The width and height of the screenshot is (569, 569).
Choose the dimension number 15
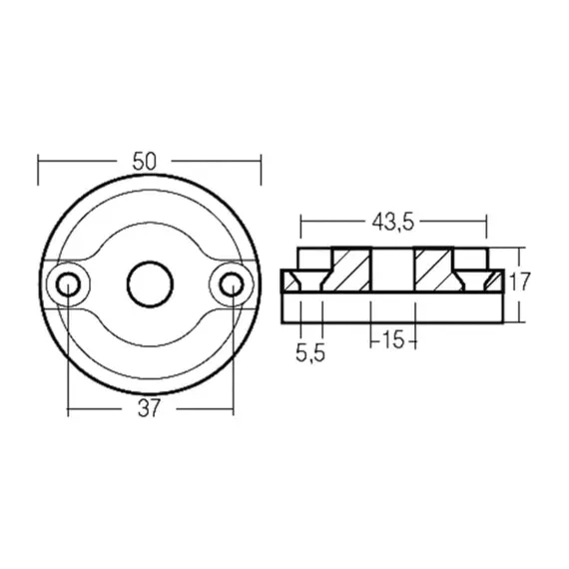(392, 340)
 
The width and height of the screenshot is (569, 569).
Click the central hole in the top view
(149, 284)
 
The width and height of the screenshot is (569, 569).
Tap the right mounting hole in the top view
(232, 284)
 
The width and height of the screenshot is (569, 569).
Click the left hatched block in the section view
(350, 270)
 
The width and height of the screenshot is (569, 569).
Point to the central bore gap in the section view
(392, 270)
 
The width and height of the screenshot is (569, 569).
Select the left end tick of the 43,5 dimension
(298, 222)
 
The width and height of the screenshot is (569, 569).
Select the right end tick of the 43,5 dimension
(486, 222)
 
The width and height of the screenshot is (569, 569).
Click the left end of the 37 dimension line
(67, 409)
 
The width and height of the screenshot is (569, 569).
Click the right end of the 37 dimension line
(232, 409)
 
